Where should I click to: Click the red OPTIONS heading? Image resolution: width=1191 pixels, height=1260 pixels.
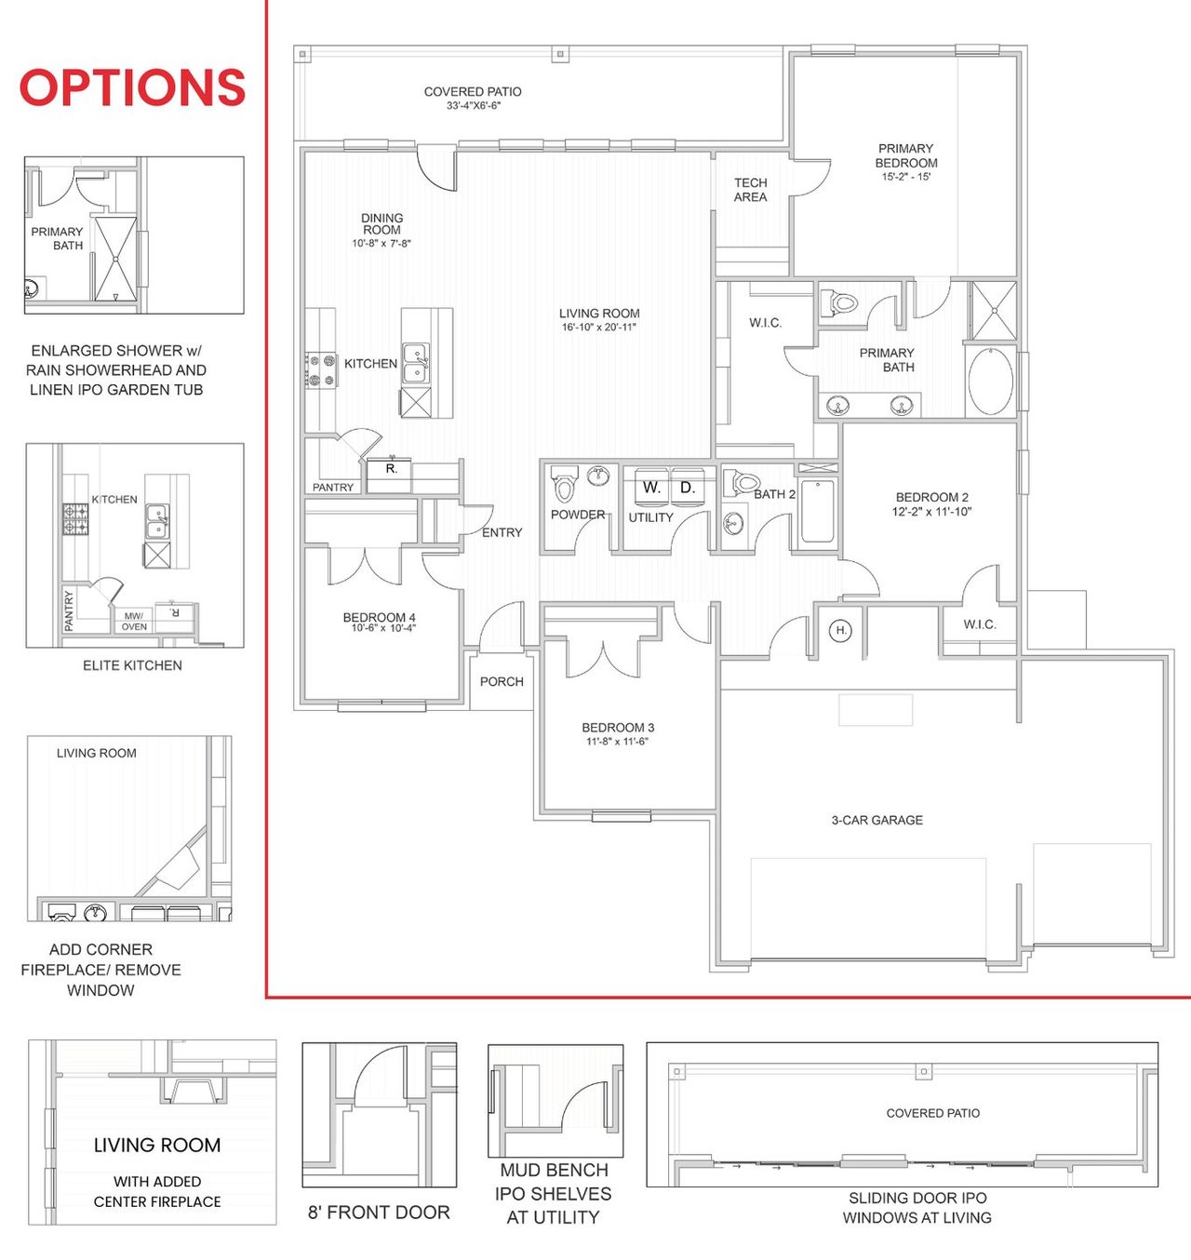point(132,87)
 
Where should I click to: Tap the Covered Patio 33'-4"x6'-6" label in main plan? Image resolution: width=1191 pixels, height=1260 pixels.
point(473,99)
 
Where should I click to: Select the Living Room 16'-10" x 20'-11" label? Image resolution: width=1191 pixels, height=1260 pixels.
point(599,320)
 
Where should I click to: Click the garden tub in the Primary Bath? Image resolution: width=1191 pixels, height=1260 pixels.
point(991,382)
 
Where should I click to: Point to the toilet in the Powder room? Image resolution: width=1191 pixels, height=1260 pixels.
point(564,486)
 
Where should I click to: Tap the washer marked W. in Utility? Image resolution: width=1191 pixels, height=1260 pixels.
point(650,488)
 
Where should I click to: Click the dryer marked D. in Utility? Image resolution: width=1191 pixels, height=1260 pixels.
point(688,488)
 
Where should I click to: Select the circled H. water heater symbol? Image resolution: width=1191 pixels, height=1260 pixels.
point(841,631)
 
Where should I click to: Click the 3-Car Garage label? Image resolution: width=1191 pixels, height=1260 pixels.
point(877,820)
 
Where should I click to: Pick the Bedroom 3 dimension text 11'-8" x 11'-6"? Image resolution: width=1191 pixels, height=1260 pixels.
point(617,742)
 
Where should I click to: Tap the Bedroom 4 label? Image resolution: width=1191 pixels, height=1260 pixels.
point(379,617)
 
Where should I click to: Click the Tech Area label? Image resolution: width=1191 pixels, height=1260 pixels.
point(750,190)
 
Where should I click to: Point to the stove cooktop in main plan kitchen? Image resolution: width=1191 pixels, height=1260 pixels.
point(320,369)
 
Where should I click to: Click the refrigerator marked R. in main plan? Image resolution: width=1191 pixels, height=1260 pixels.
point(392,469)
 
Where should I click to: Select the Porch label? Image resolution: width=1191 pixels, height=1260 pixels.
point(502,681)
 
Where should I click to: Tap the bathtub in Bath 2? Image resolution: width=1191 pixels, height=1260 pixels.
point(817,510)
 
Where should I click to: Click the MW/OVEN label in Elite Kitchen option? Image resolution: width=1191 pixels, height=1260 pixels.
point(134,621)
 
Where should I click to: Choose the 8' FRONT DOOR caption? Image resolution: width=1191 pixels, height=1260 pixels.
point(379,1213)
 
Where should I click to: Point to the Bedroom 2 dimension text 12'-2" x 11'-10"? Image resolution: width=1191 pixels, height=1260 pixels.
point(931,512)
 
